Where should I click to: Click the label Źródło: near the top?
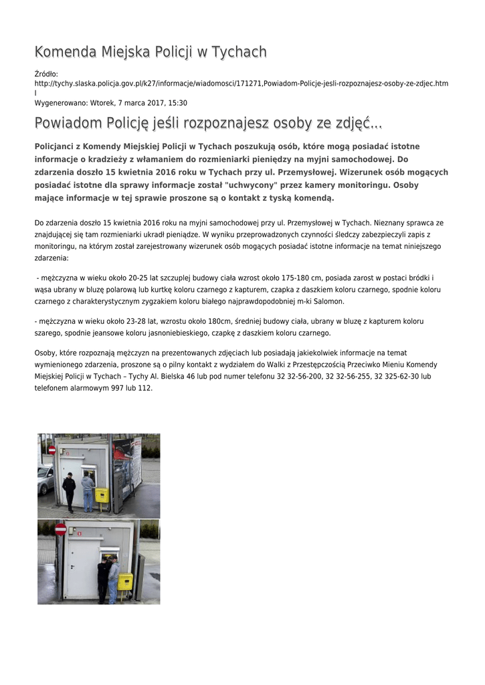tap(46, 74)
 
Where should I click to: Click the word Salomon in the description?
tap(328, 301)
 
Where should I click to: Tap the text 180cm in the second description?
tap(215, 321)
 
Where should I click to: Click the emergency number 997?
tap(118, 387)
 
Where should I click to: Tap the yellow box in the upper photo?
tap(102, 496)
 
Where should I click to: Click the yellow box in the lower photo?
tap(125, 581)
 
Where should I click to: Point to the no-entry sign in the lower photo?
tap(60, 530)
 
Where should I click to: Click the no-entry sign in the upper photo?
tap(52, 450)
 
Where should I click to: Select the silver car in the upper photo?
tap(45, 479)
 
